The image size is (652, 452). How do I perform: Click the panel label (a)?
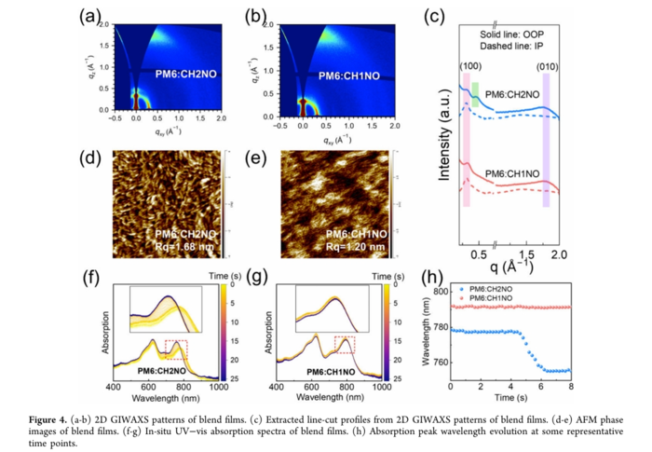pyautogui.click(x=91, y=16)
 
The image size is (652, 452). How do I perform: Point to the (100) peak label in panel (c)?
pyautogui.click(x=471, y=66)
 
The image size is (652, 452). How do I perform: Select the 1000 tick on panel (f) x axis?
pyautogui.click(x=219, y=385)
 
